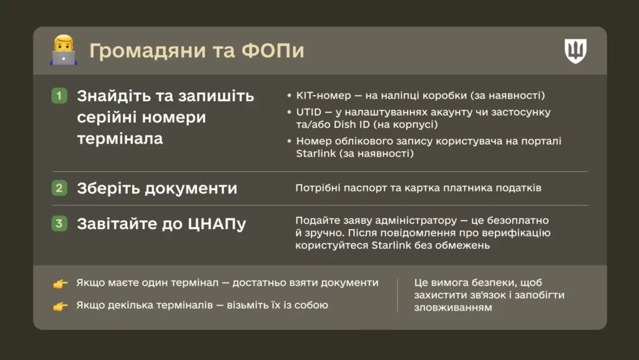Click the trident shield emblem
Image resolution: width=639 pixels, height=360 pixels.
pos(575,51)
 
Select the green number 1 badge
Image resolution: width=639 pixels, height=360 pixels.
pos(59,96)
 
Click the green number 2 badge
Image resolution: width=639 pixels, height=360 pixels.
pos(59,188)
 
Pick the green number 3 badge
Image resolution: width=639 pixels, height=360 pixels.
pos(59,223)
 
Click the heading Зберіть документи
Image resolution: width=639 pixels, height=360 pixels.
pos(157,188)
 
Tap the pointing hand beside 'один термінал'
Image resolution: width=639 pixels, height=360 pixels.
pos(60,284)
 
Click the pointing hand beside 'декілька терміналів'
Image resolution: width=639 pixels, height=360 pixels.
pos(60,306)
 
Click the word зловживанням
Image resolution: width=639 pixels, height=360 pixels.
pos(453,308)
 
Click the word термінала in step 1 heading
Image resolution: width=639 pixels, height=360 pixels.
pos(120,139)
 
